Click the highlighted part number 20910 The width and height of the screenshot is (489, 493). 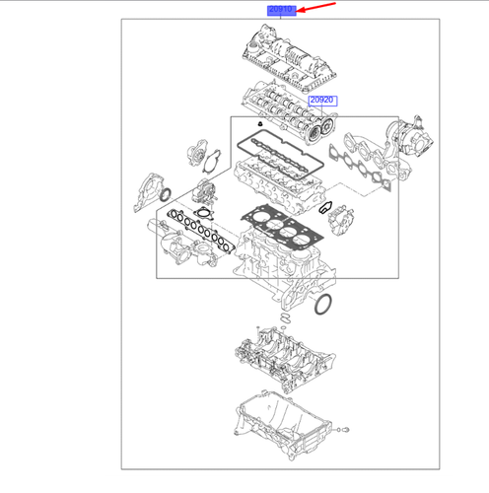(x=281, y=10)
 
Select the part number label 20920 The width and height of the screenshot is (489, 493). (x=322, y=101)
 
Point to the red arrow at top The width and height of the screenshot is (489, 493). (x=315, y=7)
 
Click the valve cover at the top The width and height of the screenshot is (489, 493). (x=290, y=58)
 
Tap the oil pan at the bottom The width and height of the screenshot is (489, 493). (x=282, y=425)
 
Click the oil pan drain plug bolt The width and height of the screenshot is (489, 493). (x=345, y=429)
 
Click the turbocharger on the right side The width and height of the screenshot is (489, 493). (x=411, y=139)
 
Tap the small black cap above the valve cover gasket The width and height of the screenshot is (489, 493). (x=260, y=124)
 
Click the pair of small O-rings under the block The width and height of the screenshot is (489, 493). (x=286, y=317)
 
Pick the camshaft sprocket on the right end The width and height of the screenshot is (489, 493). (x=327, y=125)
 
